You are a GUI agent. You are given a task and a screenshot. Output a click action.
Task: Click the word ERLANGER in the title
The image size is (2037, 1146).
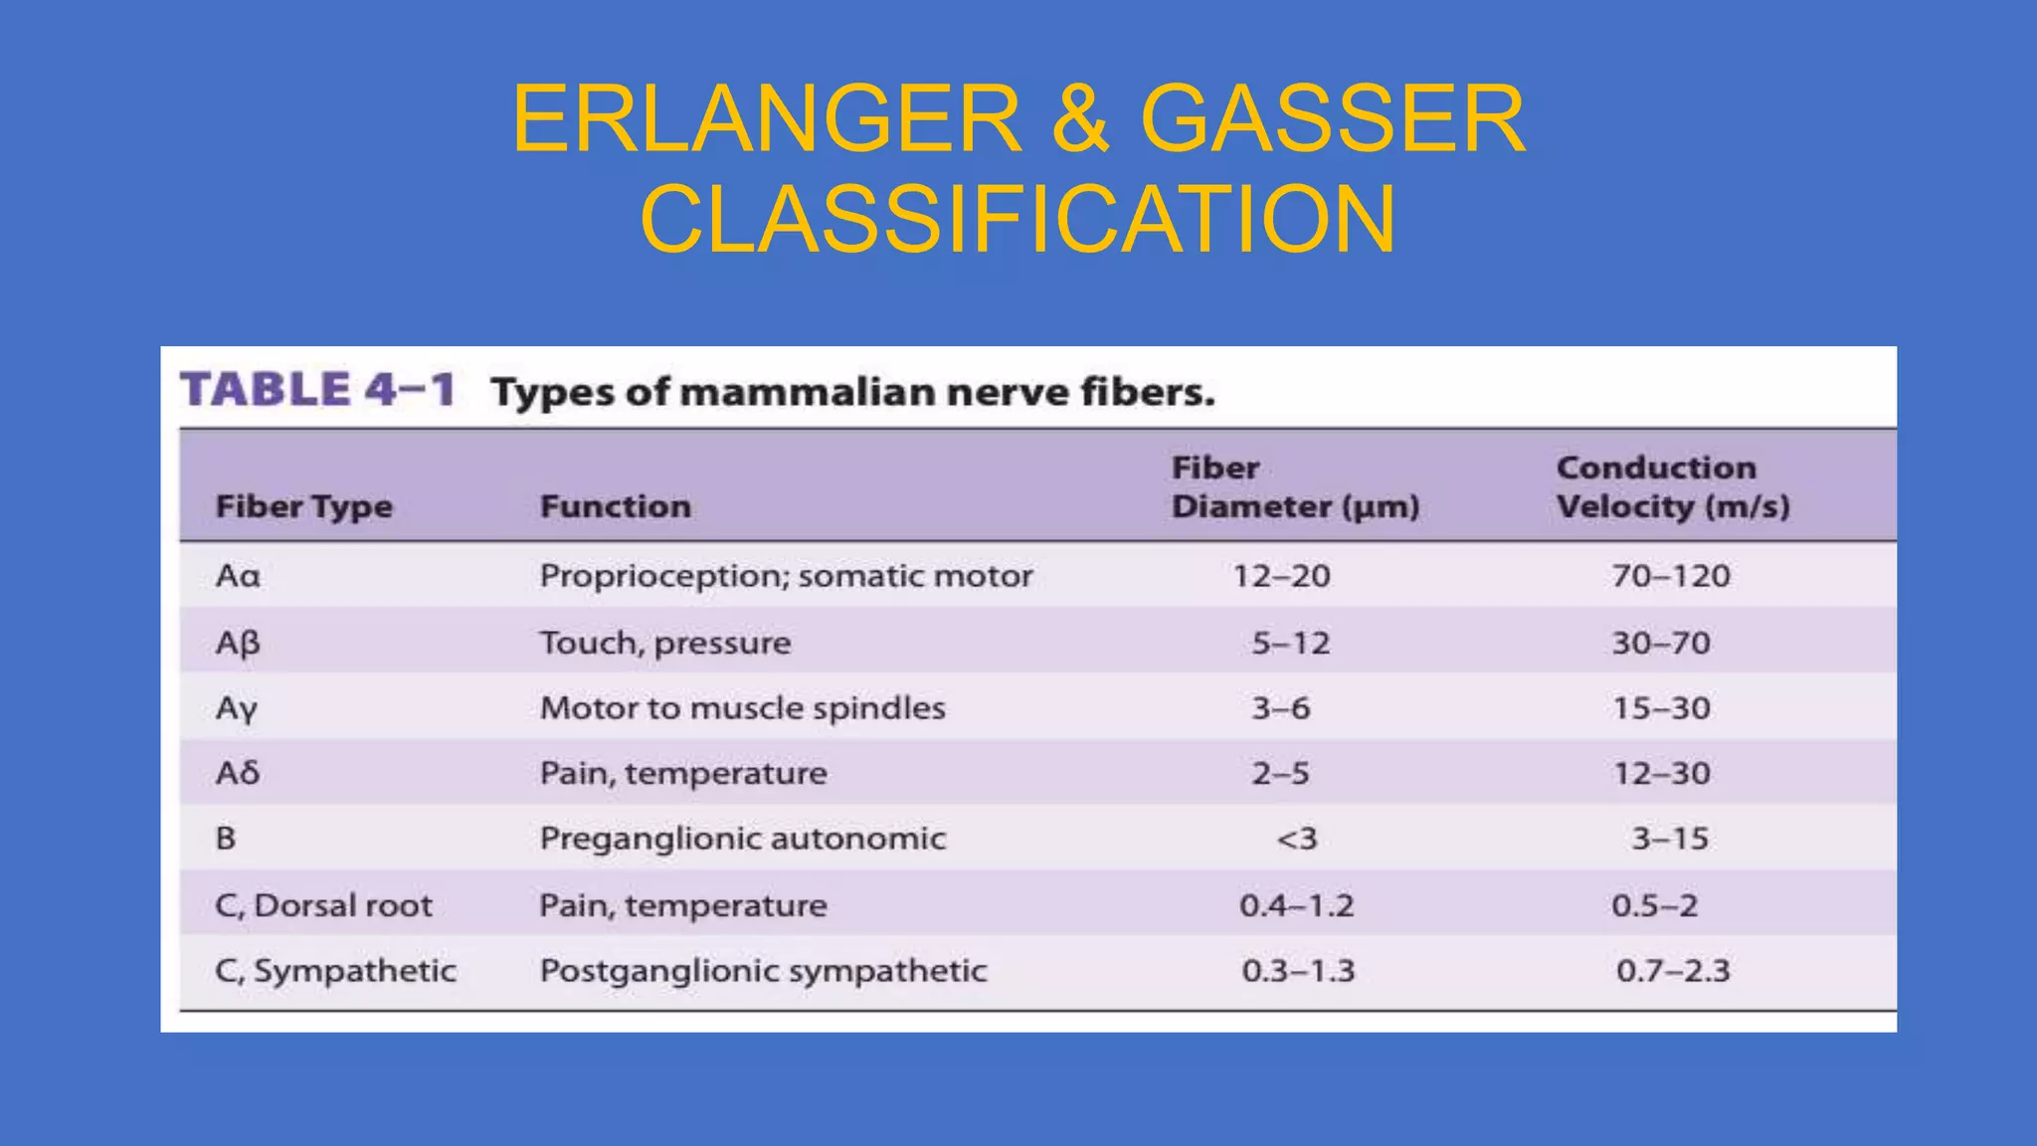click(767, 119)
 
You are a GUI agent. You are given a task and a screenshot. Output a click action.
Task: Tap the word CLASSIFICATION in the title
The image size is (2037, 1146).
click(1018, 219)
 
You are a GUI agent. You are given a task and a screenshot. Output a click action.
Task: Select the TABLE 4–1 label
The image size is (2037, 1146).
click(317, 389)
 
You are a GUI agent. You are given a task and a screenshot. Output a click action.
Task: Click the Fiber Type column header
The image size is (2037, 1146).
click(304, 506)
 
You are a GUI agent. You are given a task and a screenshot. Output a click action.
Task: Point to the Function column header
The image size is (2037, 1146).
click(615, 506)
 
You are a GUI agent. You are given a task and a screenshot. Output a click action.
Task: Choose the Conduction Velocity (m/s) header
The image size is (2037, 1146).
click(1673, 486)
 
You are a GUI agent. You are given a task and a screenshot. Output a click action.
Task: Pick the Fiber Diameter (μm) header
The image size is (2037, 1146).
click(1295, 486)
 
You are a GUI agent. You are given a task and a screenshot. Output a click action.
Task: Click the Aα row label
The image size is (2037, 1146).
click(238, 576)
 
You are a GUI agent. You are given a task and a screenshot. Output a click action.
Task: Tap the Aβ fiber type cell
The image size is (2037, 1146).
click(238, 643)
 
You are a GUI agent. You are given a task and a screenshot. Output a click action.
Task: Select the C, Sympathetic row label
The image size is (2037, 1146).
click(335, 971)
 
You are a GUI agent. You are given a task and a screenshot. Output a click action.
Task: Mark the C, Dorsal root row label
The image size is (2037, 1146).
click(323, 905)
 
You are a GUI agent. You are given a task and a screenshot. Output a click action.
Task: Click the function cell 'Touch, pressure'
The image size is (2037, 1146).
click(665, 643)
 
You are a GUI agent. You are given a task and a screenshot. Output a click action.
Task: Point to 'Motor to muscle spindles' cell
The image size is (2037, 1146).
click(742, 708)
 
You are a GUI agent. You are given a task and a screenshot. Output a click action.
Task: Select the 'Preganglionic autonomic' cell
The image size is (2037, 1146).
click(742, 839)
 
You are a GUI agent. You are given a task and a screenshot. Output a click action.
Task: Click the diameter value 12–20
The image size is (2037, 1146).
click(1281, 576)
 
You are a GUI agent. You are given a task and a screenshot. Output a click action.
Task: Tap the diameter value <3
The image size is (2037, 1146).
click(1297, 839)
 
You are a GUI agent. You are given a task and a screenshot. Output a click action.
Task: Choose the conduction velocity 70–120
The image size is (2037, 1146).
click(1671, 576)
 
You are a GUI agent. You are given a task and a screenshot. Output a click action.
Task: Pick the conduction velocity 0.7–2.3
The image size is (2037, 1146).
click(1673, 971)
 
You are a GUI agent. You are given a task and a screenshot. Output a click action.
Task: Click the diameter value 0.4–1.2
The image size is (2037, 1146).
click(1296, 905)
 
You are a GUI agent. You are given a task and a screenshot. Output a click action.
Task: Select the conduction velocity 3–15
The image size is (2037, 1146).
click(1670, 839)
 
